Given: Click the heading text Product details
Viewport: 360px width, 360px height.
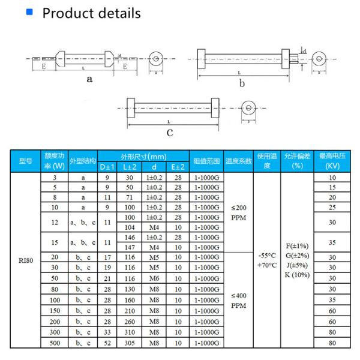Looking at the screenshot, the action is (x=91, y=13).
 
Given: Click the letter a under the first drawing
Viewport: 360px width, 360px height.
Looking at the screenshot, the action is (x=90, y=79).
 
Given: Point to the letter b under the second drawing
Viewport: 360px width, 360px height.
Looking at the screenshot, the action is (x=242, y=83).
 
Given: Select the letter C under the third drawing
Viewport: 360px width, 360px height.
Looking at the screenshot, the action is (x=170, y=133).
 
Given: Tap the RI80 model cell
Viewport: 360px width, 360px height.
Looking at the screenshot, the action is (x=26, y=261).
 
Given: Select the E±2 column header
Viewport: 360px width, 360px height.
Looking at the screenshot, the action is (x=178, y=166).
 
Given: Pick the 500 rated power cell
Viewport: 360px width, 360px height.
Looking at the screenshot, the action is (x=55, y=343).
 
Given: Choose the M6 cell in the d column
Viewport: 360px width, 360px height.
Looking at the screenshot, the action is (x=154, y=278).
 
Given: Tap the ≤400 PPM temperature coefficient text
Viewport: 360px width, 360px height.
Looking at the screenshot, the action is (x=239, y=300).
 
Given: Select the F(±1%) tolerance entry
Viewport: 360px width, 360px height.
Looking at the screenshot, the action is (x=297, y=245).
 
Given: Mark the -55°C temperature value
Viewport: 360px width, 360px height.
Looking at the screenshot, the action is (x=267, y=255).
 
